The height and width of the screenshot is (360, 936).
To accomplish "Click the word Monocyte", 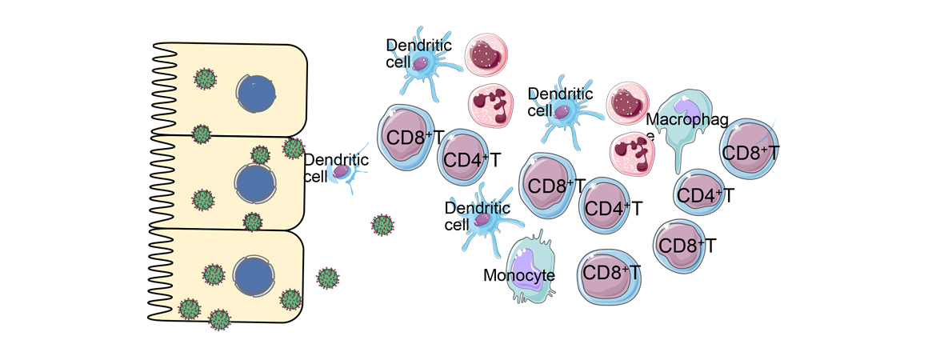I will (519, 276).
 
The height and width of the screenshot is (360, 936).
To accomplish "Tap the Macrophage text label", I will (687, 121).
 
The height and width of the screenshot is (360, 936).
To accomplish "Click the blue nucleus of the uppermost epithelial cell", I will (257, 95).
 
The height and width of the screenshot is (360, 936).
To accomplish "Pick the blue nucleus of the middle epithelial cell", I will (255, 182).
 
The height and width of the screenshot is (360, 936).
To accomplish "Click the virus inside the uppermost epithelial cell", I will (206, 78).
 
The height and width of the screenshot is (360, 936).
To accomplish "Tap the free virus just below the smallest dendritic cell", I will (383, 225).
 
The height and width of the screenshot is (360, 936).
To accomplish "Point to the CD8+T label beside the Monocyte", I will (610, 274).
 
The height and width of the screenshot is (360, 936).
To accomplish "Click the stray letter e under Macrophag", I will (650, 136).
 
